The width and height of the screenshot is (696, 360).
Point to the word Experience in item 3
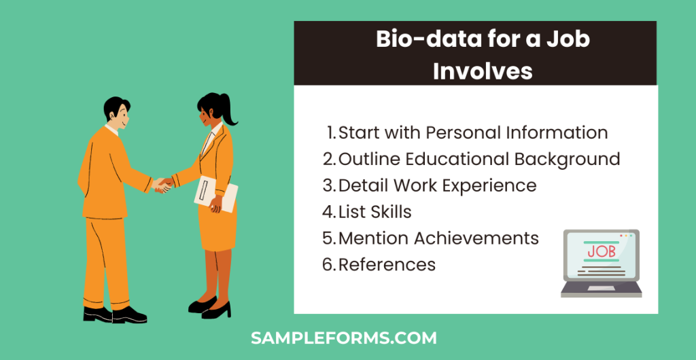pos(492,185)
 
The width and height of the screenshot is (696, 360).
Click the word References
pos(387,264)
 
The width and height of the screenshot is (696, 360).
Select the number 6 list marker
pos(329,264)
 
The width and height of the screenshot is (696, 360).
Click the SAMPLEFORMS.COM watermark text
pos(343,338)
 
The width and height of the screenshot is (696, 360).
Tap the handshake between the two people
pos(162,184)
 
